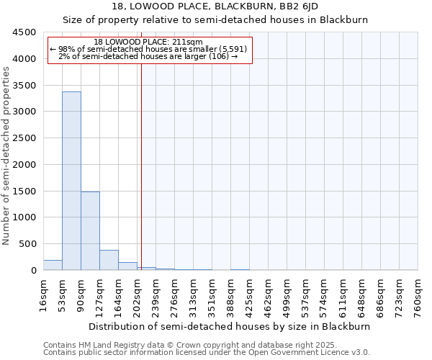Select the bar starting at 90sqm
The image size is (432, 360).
click(x=90, y=230)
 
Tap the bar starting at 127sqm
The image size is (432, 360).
click(x=109, y=260)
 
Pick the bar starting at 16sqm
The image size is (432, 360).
click(x=53, y=265)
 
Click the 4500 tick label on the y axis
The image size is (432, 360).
click(x=24, y=32)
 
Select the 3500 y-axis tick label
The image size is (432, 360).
click(x=24, y=86)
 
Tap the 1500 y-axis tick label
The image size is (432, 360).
click(x=24, y=191)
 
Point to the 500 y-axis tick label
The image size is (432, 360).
click(x=27, y=244)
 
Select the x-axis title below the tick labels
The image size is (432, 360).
click(x=230, y=326)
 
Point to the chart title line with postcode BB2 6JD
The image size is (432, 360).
click(x=215, y=7)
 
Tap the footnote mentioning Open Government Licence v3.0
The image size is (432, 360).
click(x=207, y=353)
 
